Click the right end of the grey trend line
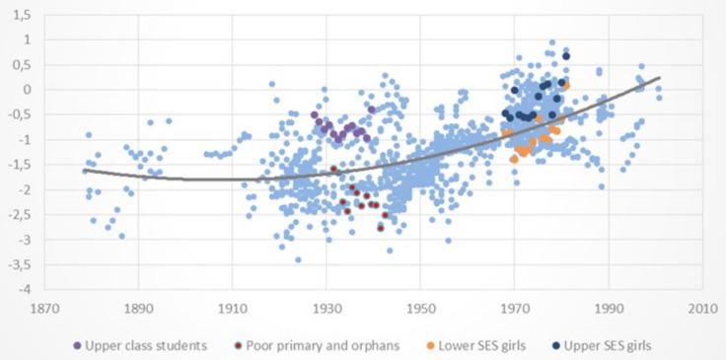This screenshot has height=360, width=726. point(660,77)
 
